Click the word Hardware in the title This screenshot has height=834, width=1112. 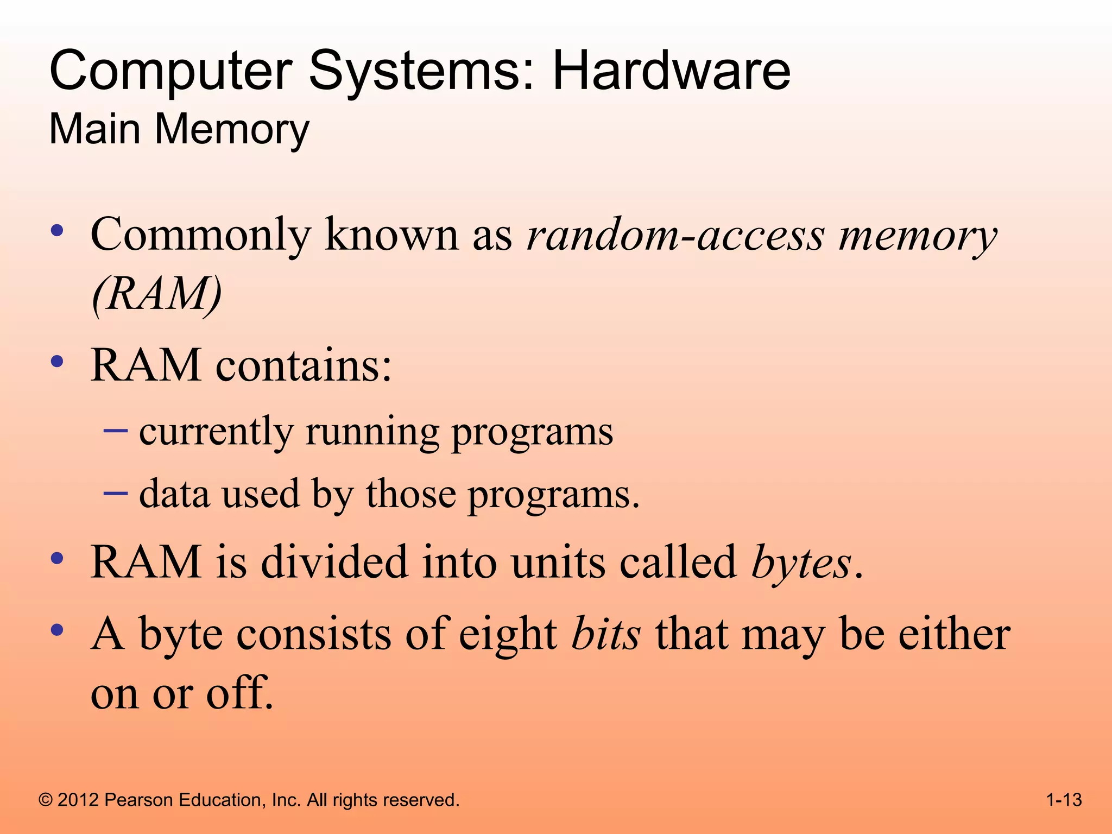(x=671, y=71)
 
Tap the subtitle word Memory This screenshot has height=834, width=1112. (x=232, y=130)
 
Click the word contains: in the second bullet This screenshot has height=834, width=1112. (x=304, y=365)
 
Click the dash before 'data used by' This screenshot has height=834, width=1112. (x=116, y=493)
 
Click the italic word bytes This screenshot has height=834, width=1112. (x=801, y=563)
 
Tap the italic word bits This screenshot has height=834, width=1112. (x=606, y=634)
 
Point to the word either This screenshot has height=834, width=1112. (x=954, y=634)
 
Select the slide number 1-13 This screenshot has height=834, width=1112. (x=1064, y=800)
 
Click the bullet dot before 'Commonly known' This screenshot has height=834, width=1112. (x=57, y=231)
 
